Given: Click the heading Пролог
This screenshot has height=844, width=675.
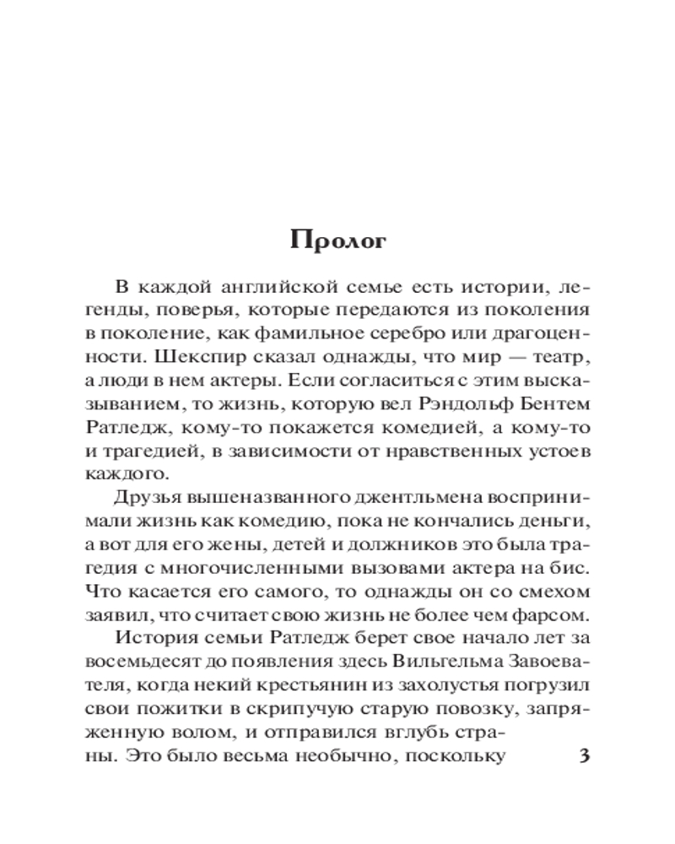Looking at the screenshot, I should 337,241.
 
